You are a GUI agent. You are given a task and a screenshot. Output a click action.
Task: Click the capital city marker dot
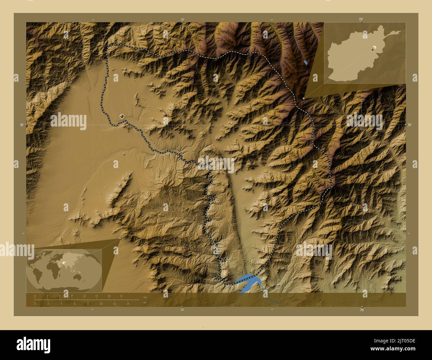pos(122,116)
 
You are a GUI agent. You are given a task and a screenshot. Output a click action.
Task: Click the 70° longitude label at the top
pos(361,19)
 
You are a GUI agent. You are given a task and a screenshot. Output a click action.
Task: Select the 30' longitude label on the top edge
pos(182,19)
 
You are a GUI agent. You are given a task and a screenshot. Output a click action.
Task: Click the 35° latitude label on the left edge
pos(22,125)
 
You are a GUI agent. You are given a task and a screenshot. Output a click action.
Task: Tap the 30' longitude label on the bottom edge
pos(182,310)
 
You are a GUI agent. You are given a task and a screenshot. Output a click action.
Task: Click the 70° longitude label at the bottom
pos(362,310)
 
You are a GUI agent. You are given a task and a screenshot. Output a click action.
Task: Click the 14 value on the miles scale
pos(128,304)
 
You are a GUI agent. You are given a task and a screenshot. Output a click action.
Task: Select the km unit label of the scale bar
pos(145,297)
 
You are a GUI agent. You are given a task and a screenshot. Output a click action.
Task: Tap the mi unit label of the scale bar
pos(145,303)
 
